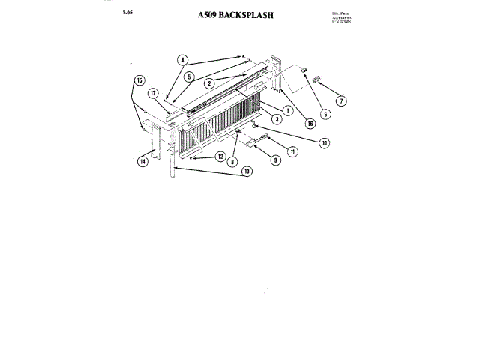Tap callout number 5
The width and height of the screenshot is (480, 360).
(189, 76)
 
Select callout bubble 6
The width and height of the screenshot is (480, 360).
(325, 114)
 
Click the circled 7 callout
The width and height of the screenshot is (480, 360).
(340, 100)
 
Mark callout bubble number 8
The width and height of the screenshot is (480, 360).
(233, 161)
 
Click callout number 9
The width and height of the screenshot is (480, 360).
(274, 160)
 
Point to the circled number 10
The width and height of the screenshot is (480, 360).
(324, 142)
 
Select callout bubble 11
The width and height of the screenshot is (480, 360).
(292, 151)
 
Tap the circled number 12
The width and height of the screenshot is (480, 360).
(220, 157)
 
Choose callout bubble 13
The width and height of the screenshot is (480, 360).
(247, 171)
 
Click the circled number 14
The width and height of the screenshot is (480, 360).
(142, 160)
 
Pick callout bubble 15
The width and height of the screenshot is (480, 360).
(139, 79)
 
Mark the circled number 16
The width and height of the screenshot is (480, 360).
(310, 124)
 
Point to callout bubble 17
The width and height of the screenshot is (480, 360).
(153, 94)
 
